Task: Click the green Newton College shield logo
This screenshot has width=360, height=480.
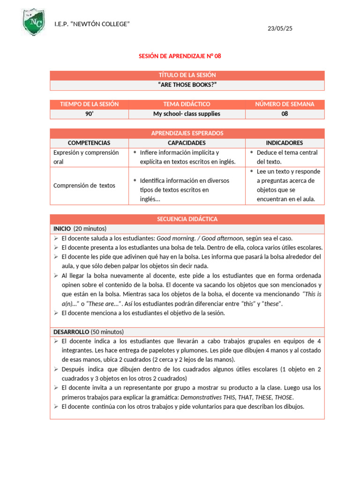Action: pos(35,22)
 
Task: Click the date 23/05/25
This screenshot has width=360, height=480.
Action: pos(280,29)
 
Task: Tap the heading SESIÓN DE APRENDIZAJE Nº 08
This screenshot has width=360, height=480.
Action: pos(180,56)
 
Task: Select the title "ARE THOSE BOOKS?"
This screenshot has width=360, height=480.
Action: pos(187,85)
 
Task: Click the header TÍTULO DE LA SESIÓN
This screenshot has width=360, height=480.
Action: pos(187,75)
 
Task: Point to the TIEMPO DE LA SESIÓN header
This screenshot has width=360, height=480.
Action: pos(89,104)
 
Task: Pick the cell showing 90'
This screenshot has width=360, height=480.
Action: pos(89,114)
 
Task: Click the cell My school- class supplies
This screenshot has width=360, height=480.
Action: pos(187,114)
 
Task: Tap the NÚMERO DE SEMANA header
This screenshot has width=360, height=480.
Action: pos(285,104)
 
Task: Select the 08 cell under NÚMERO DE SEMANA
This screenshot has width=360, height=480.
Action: pos(285,114)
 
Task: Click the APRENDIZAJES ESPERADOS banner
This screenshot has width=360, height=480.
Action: pos(187,133)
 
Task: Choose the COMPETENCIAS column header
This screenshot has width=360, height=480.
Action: pos(89,143)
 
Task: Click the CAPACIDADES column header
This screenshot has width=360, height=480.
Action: pos(187,143)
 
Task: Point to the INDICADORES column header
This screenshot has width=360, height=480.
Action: pos(285,143)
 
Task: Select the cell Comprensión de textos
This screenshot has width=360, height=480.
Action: pos(84,186)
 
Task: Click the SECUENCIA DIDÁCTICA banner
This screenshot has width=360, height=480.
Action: pos(187,219)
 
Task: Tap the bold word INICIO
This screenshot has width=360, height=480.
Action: pos(62,229)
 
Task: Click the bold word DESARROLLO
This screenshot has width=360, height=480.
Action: pos(71,332)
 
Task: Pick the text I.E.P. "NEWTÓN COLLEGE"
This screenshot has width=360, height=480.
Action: pos(92,24)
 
